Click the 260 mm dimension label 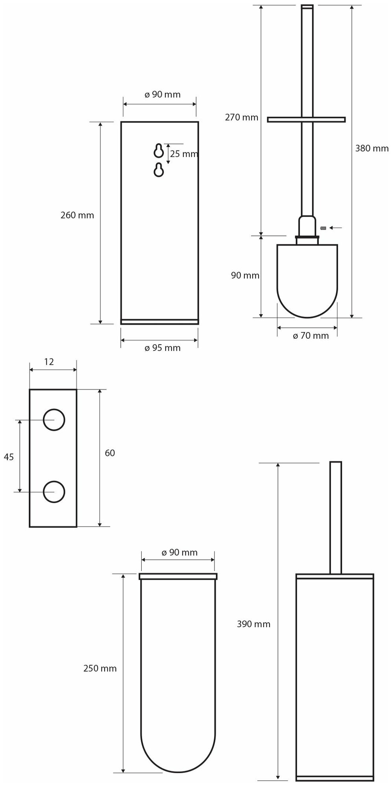coord(77,215)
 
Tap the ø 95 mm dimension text coord(162,348)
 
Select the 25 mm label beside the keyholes coord(184,154)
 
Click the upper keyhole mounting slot coord(159,151)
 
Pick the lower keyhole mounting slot coord(159,169)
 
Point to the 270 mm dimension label coord(241,117)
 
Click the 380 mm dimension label coord(372,149)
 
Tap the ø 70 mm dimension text coord(311,336)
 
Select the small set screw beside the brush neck coord(324,228)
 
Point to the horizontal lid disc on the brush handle coord(306,119)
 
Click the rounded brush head coord(307,279)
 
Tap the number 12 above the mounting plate coord(49,362)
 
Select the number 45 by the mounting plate coord(9,457)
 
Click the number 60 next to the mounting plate coord(110,453)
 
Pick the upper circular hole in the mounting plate coord(54,420)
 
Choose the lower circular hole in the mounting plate coord(54,491)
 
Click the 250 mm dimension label coord(100,668)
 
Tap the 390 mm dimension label coord(253,624)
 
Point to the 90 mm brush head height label coord(245,275)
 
